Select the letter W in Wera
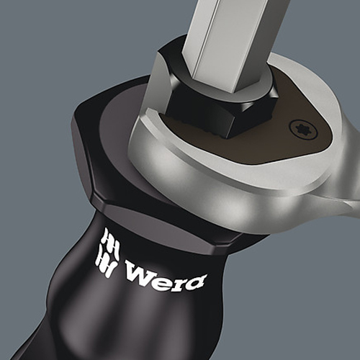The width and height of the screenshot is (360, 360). (x=138, y=272)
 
